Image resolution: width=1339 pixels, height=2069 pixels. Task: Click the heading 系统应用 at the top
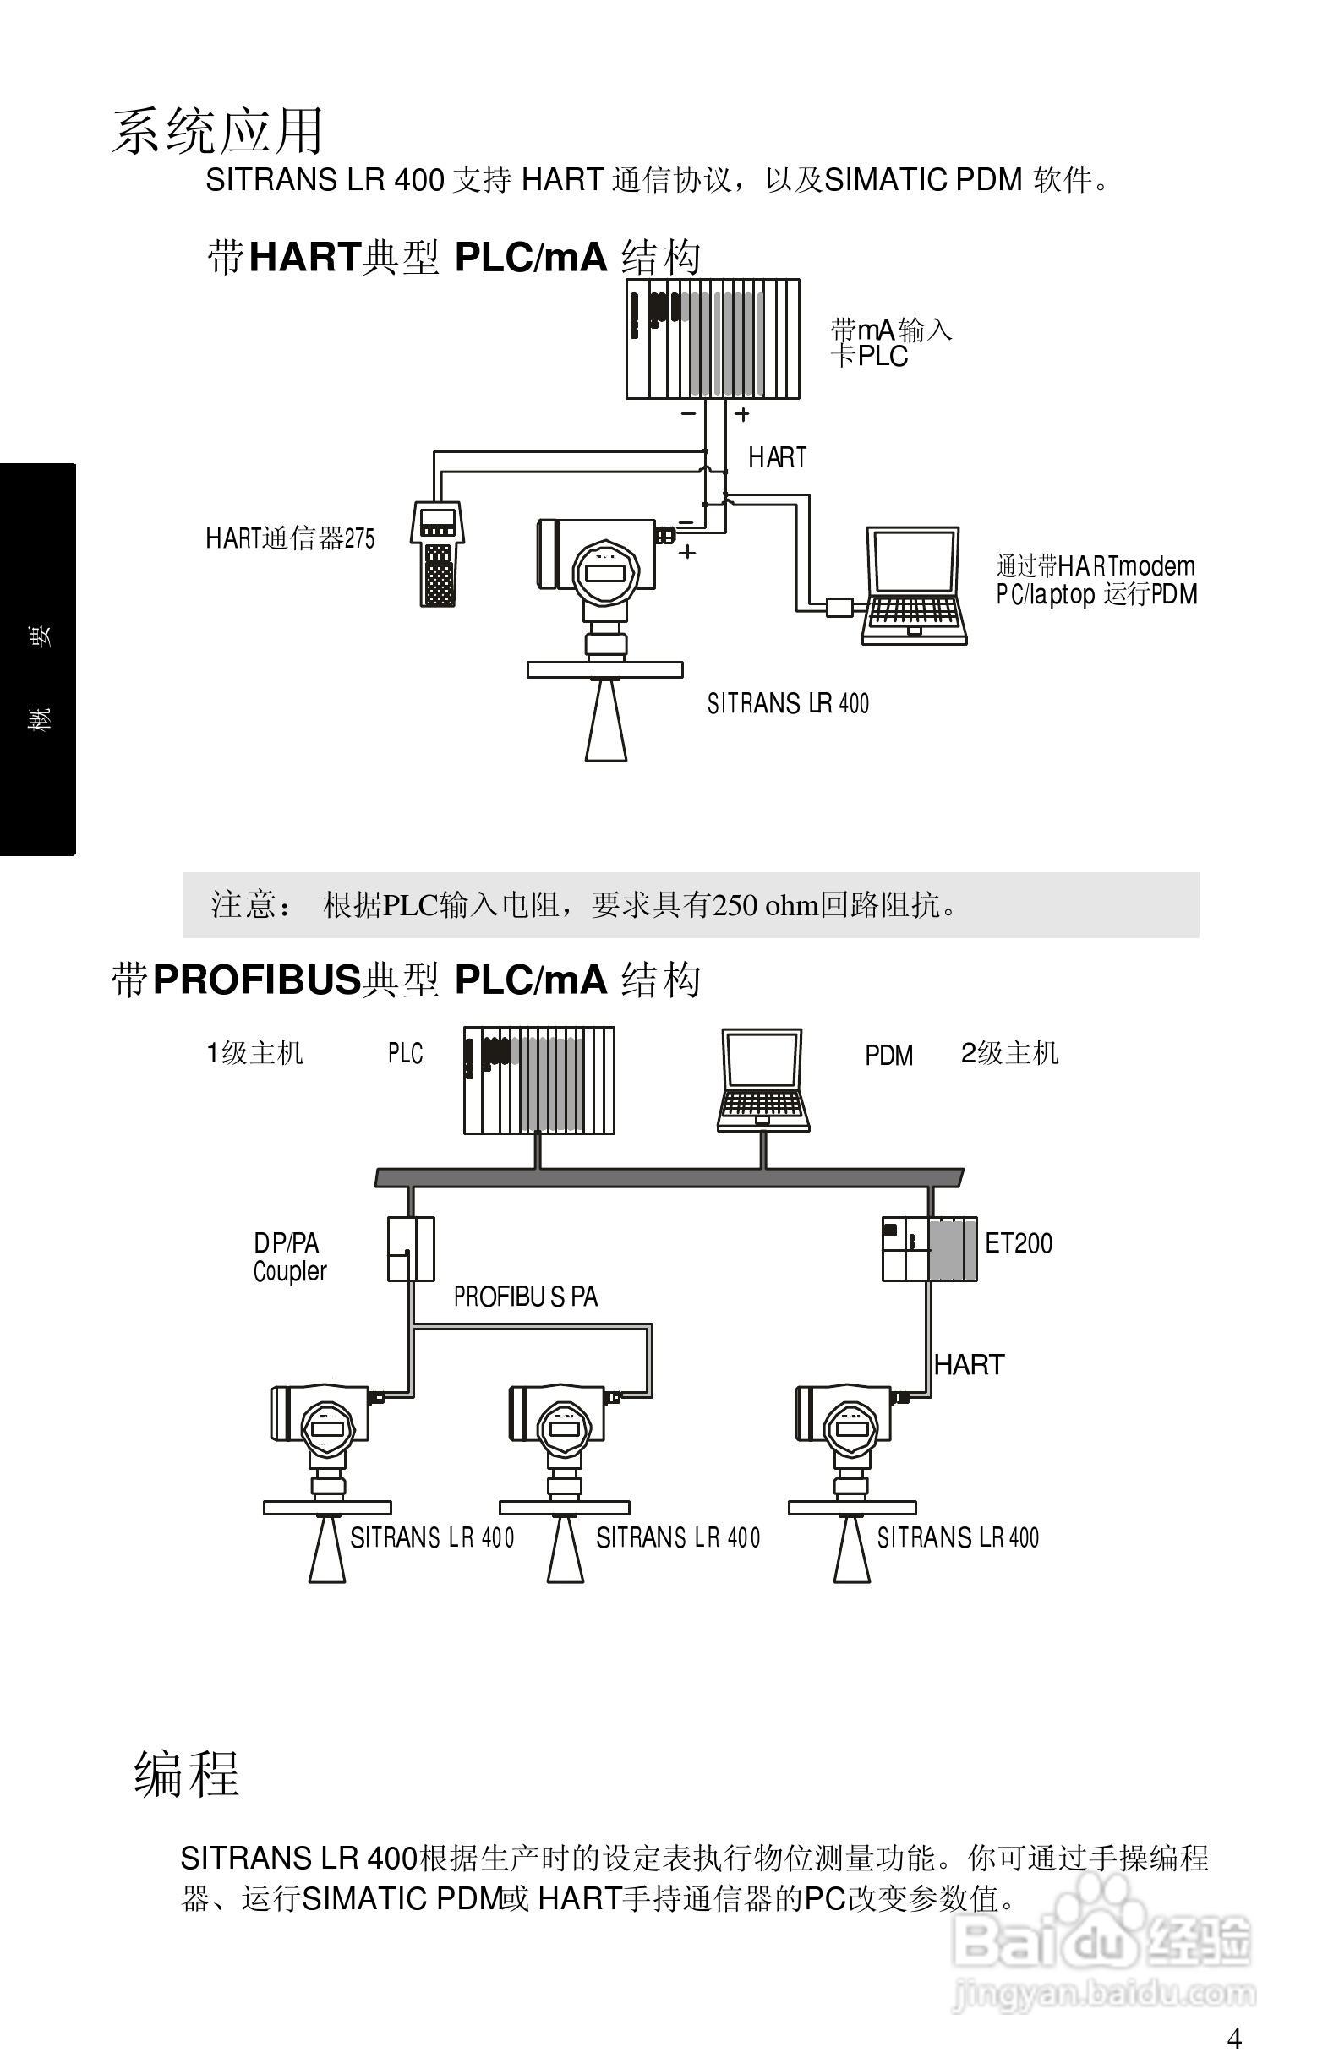click(x=217, y=131)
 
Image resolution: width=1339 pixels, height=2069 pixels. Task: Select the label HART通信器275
click(x=290, y=538)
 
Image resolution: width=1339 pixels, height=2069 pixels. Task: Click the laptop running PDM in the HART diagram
click(x=915, y=584)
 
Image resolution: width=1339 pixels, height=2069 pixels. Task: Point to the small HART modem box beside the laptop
click(x=839, y=607)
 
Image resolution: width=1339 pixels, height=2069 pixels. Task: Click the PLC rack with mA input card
click(x=713, y=339)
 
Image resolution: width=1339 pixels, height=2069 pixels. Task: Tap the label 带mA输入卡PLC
click(x=890, y=342)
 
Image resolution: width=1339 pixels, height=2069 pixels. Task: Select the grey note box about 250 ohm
click(x=691, y=905)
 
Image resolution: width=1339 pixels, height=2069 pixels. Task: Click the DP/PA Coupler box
click(x=410, y=1248)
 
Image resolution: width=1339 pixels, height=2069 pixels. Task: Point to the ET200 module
click(x=930, y=1248)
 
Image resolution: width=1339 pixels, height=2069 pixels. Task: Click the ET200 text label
click(x=1018, y=1244)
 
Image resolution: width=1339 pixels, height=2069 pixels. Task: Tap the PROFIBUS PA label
click(x=525, y=1297)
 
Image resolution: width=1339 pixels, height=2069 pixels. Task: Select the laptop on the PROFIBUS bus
click(x=763, y=1081)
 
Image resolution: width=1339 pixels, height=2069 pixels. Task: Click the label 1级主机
click(x=254, y=1054)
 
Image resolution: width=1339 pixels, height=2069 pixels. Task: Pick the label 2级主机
click(x=1009, y=1054)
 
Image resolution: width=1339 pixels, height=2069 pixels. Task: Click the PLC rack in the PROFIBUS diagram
click(x=539, y=1081)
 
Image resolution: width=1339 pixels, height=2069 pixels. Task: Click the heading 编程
click(x=186, y=1773)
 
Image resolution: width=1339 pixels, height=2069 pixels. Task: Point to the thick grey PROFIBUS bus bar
click(x=669, y=1178)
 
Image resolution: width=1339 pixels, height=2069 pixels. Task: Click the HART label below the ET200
click(x=969, y=1365)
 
